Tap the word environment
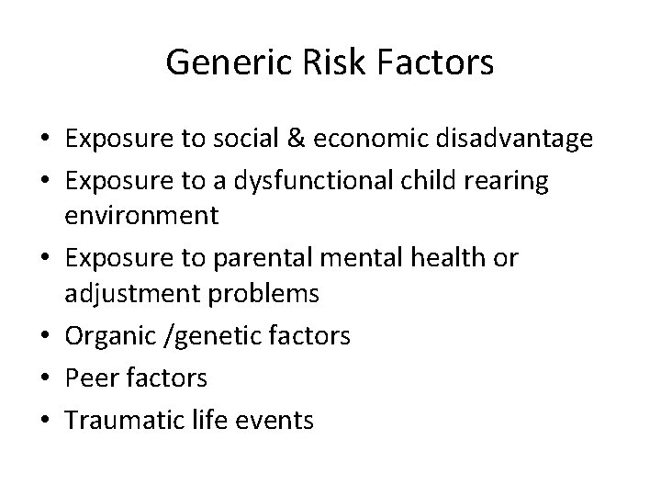click(x=141, y=217)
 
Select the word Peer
click(x=88, y=378)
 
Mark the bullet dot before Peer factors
click(x=44, y=378)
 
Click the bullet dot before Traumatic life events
click(x=44, y=421)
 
